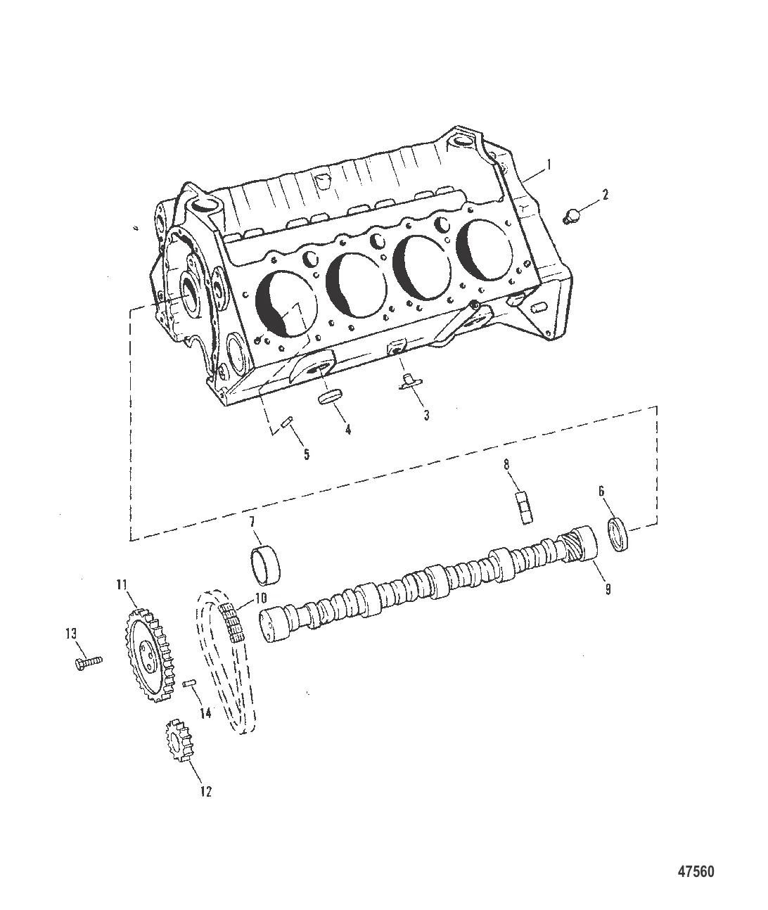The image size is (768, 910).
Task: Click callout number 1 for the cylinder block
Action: [x=549, y=165]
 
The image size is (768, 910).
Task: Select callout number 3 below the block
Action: [x=426, y=416]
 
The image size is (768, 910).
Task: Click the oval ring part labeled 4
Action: [x=330, y=397]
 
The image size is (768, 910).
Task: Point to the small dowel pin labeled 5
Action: [x=287, y=423]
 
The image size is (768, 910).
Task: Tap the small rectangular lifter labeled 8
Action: [x=525, y=508]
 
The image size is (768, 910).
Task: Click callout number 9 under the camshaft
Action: [x=608, y=589]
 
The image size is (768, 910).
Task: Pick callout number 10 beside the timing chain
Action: [x=261, y=598]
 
